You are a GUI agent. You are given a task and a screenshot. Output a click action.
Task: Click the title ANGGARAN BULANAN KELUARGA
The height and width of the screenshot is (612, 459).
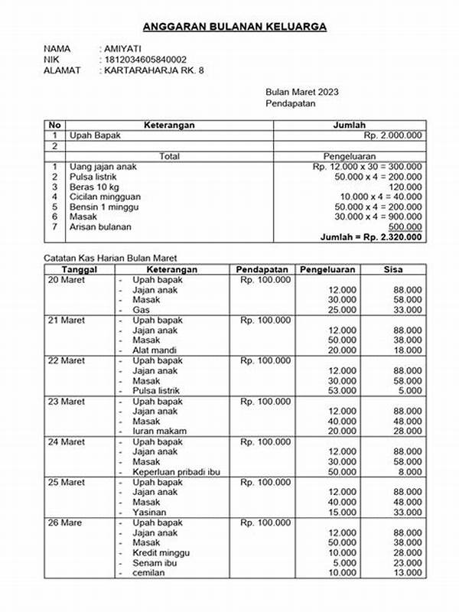tap(229, 27)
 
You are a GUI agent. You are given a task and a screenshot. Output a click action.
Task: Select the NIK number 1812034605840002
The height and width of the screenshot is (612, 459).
tap(145, 60)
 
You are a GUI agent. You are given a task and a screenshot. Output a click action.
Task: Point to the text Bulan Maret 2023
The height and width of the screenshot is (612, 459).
tap(302, 92)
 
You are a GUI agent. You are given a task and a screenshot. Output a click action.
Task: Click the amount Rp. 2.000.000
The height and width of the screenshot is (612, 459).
tap(392, 135)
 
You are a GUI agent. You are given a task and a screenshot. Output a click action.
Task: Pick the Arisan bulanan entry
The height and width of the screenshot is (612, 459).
tap(100, 226)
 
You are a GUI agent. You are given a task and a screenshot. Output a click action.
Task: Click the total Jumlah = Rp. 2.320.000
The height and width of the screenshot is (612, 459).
tap(371, 237)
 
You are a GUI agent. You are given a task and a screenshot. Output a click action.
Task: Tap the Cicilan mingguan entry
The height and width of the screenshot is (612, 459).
tap(106, 197)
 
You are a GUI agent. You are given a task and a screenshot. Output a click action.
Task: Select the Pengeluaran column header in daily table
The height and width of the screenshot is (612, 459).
tap(330, 269)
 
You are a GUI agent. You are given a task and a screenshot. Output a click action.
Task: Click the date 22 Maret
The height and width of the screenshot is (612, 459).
tap(66, 360)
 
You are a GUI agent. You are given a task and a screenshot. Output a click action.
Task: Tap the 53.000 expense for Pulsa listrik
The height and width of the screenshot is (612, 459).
tap(342, 390)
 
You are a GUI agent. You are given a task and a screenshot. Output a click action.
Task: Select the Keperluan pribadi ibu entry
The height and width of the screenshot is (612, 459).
tap(176, 472)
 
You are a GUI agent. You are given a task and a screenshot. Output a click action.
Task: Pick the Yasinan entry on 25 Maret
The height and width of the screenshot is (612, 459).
tap(151, 512)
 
